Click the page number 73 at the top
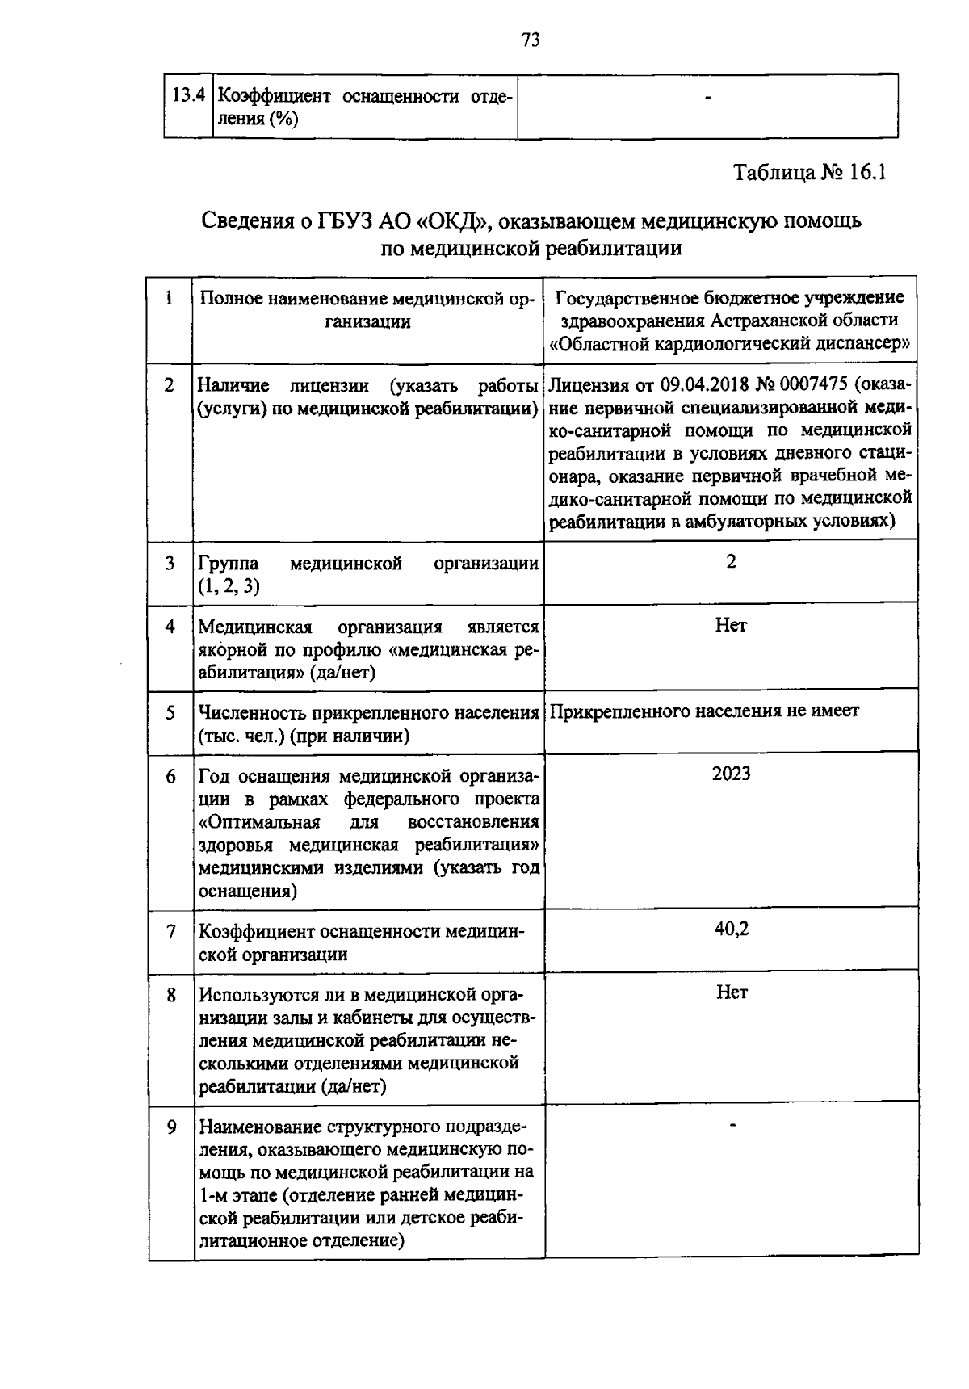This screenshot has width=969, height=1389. click(x=530, y=40)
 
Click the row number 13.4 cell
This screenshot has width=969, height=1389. click(x=187, y=96)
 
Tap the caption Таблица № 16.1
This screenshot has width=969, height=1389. click(x=810, y=173)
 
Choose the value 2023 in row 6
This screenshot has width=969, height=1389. click(x=731, y=774)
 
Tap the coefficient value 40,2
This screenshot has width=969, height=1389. click(x=731, y=929)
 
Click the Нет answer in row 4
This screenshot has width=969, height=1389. click(x=731, y=626)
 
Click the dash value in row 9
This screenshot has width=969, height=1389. click(x=732, y=1123)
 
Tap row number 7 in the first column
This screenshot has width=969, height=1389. click(x=170, y=932)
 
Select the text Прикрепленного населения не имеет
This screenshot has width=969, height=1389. click(x=704, y=711)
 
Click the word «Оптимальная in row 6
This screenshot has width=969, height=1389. click(x=259, y=822)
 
